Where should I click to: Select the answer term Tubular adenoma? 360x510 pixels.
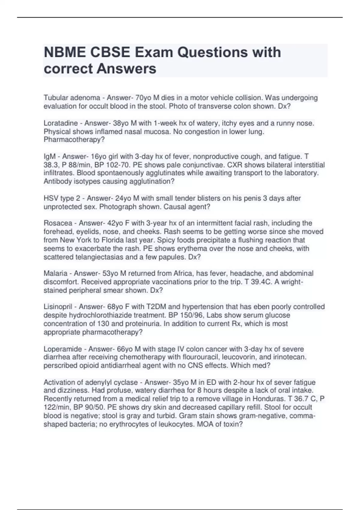72,98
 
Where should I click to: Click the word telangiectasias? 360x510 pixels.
77,257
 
